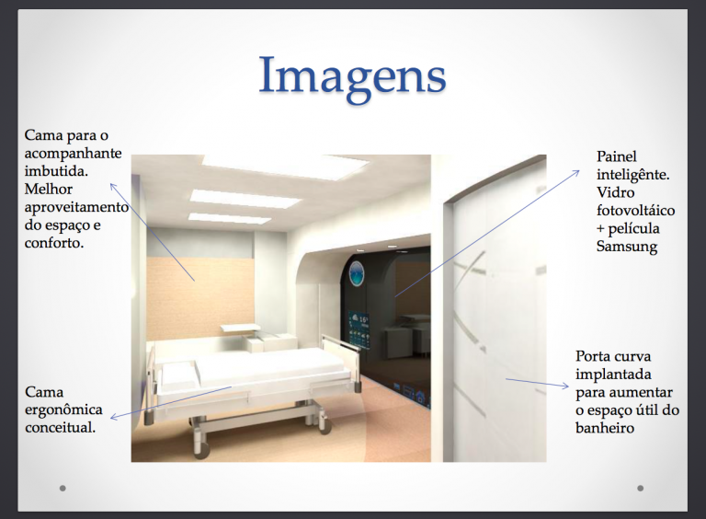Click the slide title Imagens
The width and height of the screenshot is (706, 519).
point(353,76)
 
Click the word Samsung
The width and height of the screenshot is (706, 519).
point(627,247)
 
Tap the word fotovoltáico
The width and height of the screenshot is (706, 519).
point(635,211)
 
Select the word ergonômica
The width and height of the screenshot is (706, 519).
point(63,410)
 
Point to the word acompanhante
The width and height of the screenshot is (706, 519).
point(73,154)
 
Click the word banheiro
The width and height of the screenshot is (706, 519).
point(604,428)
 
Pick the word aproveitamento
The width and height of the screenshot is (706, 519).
point(76,208)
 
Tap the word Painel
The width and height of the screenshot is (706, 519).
point(617,156)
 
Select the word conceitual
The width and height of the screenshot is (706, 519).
point(61,427)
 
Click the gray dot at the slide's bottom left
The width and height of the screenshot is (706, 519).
point(63,488)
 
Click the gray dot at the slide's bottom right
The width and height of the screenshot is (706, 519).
point(640,488)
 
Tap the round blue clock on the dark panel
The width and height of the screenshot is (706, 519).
point(356,273)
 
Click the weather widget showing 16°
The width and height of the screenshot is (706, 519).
point(359,331)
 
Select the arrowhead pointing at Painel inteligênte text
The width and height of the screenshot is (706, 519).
point(576,173)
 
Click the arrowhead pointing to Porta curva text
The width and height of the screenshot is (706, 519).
point(565,386)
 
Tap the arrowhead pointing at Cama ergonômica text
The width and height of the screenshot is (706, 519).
point(114,417)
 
